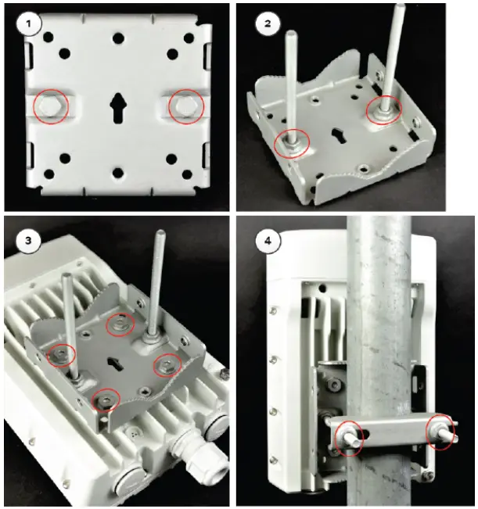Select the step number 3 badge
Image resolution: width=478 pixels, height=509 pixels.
click(x=29, y=241)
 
